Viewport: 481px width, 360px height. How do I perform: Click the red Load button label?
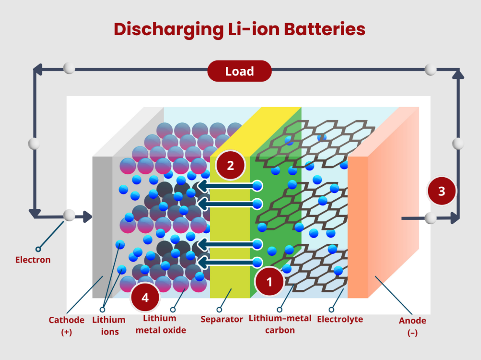239,71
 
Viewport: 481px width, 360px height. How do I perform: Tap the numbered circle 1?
269,281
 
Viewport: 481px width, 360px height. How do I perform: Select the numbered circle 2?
230,165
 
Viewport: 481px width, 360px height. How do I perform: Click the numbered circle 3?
441,191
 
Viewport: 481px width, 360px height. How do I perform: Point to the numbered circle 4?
145,298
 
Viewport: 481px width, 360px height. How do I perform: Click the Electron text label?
33,260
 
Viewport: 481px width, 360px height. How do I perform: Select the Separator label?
222,319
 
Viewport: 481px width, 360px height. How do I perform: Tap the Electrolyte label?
340,319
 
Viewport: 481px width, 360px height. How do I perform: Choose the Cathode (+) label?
66,326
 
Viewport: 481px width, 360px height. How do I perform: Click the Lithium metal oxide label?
161,324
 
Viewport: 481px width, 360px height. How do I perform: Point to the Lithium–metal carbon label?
280,324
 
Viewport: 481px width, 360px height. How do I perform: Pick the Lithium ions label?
109,326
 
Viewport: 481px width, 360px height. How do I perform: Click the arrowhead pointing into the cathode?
87,217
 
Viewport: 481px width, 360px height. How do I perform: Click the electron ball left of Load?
68,68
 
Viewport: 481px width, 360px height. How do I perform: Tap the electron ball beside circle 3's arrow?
430,218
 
